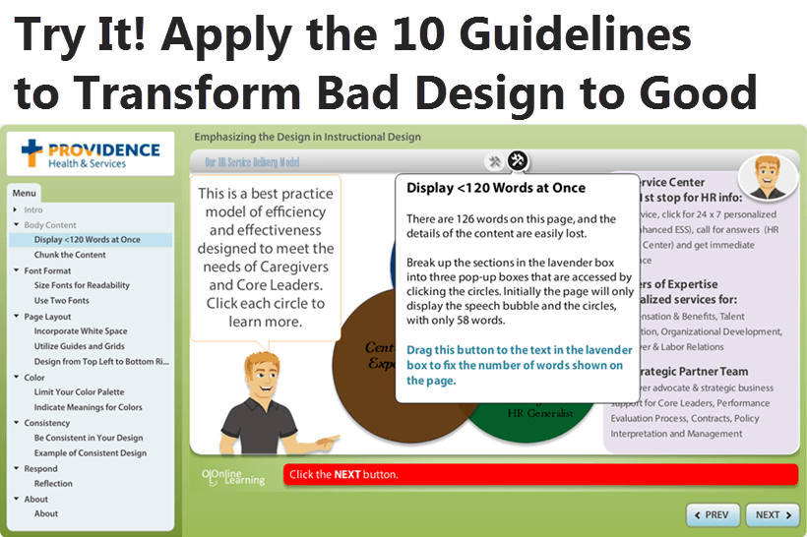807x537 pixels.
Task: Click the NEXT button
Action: point(774,514)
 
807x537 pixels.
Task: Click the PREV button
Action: point(712,514)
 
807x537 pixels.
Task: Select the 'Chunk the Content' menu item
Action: point(70,255)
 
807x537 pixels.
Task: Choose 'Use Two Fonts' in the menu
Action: point(61,301)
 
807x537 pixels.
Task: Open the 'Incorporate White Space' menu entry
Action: point(81,331)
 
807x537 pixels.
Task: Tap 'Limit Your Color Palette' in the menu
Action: point(79,392)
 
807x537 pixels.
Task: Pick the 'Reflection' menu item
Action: point(53,484)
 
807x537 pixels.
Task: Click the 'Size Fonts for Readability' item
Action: point(82,285)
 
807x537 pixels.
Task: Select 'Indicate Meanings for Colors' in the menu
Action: point(88,407)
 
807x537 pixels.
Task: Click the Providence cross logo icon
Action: point(33,152)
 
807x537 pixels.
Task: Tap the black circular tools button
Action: point(518,161)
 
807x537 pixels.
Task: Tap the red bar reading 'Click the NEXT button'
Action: point(539,475)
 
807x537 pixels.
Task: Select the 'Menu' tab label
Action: point(25,193)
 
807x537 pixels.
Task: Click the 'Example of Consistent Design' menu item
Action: point(90,453)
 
